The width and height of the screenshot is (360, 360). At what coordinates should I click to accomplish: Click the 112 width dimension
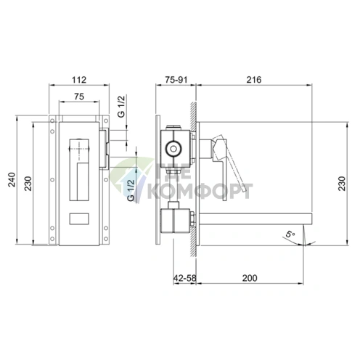[x=79, y=80]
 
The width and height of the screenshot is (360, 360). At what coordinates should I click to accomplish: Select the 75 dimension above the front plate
[x=79, y=97]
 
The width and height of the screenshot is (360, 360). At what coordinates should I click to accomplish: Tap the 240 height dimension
[x=12, y=179]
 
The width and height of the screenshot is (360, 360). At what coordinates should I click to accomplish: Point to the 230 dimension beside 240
[x=28, y=184]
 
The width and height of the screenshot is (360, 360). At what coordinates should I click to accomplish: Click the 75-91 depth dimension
[x=176, y=80]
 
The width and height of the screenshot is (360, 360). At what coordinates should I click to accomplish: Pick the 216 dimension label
[x=254, y=80]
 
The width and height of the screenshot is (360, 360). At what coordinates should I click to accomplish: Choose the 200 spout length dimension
[x=250, y=278]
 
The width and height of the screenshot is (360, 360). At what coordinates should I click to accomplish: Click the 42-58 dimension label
[x=184, y=278]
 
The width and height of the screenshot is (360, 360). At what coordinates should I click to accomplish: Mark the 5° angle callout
[x=290, y=234]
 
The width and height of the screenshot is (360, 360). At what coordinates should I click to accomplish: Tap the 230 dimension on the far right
[x=342, y=184]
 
